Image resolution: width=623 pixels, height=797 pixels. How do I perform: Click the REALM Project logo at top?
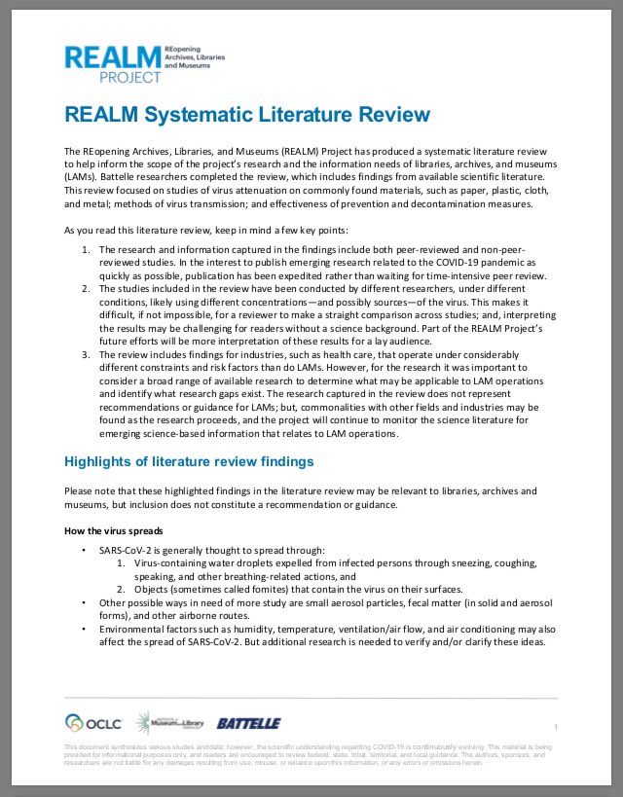pos(144,62)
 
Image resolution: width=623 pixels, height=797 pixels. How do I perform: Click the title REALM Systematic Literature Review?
pos(246,115)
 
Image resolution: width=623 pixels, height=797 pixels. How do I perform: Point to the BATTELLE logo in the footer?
pos(248,724)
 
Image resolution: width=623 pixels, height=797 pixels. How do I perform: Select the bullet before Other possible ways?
pos(85,602)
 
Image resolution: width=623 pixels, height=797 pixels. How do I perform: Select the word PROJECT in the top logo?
pos(131,76)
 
